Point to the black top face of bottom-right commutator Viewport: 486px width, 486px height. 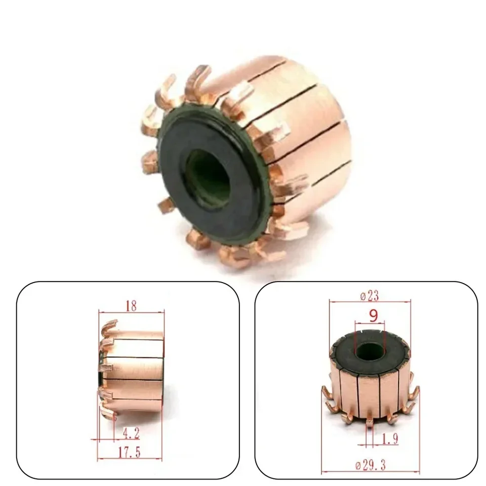coord(349,354)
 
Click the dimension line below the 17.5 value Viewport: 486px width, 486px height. coord(132,459)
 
